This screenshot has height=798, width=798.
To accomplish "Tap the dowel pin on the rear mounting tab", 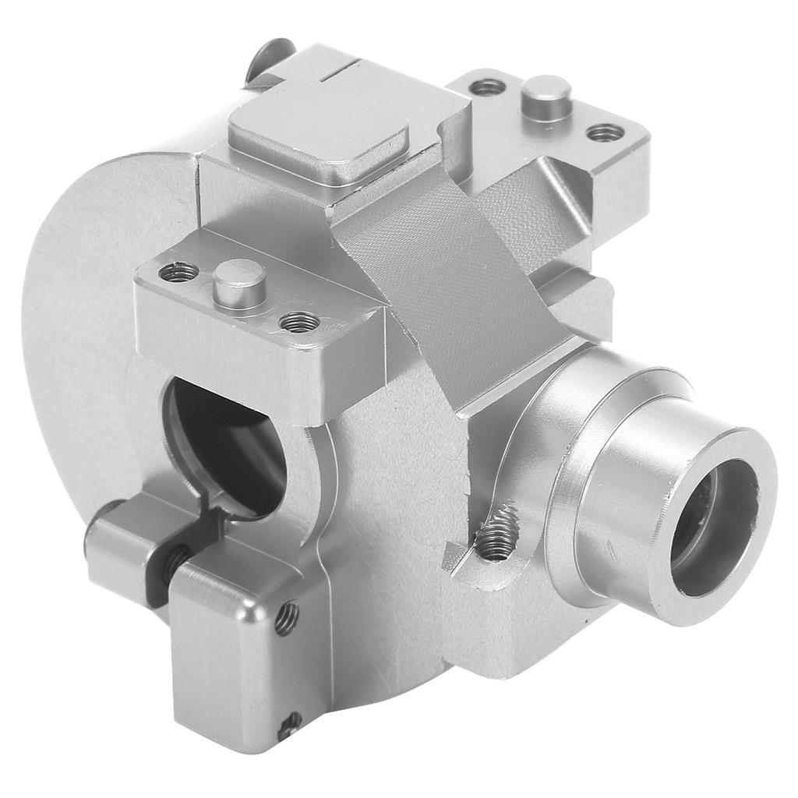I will tap(546, 95).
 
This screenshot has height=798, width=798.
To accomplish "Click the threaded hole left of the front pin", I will tap(178, 273).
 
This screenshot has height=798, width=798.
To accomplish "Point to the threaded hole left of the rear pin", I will tap(488, 87).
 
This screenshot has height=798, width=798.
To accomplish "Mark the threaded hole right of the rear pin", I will tap(605, 132).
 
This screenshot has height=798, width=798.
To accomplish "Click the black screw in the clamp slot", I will tap(175, 558).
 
